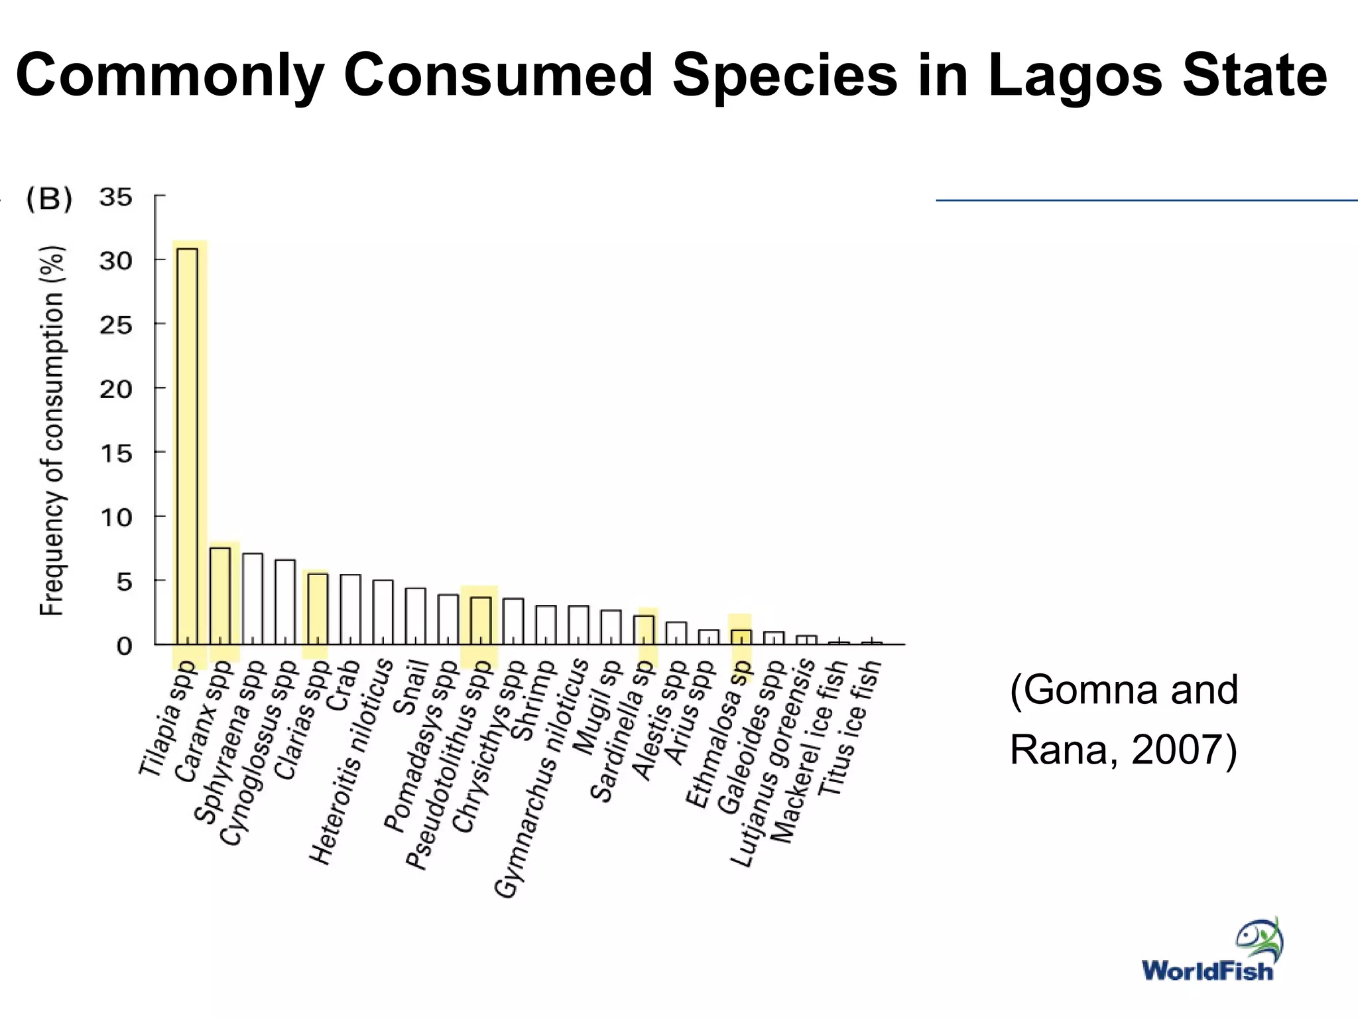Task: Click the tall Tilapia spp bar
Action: click(187, 444)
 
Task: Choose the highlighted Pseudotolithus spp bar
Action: click(481, 620)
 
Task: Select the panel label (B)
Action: click(48, 200)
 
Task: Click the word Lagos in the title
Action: click(1074, 75)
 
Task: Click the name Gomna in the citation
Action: click(1091, 690)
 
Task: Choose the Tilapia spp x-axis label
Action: click(167, 719)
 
